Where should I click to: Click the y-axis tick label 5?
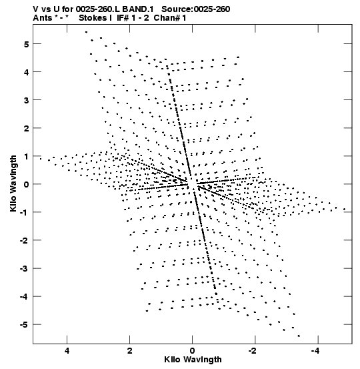(x=26, y=44)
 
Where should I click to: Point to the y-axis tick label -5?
(x=24, y=325)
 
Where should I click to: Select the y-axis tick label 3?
(x=26, y=100)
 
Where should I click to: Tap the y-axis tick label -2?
(x=24, y=240)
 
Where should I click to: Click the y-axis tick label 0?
(x=26, y=184)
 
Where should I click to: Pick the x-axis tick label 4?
(x=67, y=351)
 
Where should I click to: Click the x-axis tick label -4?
(x=315, y=351)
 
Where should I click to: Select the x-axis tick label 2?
(x=129, y=351)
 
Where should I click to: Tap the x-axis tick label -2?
(x=253, y=351)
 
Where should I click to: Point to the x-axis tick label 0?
(x=193, y=351)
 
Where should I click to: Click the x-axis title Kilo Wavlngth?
(x=193, y=360)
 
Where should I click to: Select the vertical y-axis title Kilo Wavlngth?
(x=13, y=183)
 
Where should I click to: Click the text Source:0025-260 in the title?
(x=196, y=9)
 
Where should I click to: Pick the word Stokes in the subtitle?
(x=93, y=18)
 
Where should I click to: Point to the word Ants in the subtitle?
(x=43, y=18)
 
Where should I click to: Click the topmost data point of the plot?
(x=86, y=32)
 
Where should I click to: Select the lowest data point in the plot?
(x=299, y=336)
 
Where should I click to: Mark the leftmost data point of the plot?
(x=41, y=159)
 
